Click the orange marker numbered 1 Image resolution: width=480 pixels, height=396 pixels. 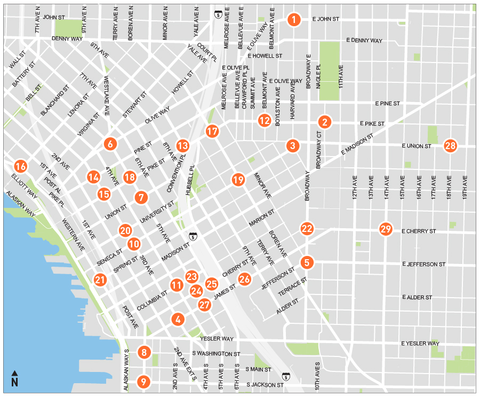coord(293,20)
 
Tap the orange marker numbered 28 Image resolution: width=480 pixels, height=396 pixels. coord(450,145)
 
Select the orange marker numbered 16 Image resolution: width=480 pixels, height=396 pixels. coord(20,166)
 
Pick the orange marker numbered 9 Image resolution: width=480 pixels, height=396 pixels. coord(143,382)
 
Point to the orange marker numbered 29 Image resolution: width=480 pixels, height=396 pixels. coord(386,229)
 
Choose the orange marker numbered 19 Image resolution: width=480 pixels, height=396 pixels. coord(238,180)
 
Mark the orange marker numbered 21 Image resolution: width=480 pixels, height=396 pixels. coord(100,279)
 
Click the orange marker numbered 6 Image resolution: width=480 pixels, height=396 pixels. coord(110,143)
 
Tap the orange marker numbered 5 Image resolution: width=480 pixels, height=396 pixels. coord(307,262)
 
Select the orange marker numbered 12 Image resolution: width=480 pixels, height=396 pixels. coord(265,120)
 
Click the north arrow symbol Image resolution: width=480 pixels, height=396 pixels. coord(14,379)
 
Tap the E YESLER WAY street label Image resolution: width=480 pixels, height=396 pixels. coord(421,344)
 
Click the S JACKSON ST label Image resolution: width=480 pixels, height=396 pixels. coord(265,385)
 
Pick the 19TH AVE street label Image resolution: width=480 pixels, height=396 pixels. coord(465,187)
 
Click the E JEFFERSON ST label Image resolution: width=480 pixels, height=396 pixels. coord(424,264)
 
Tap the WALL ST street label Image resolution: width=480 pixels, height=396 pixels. coord(17,60)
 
